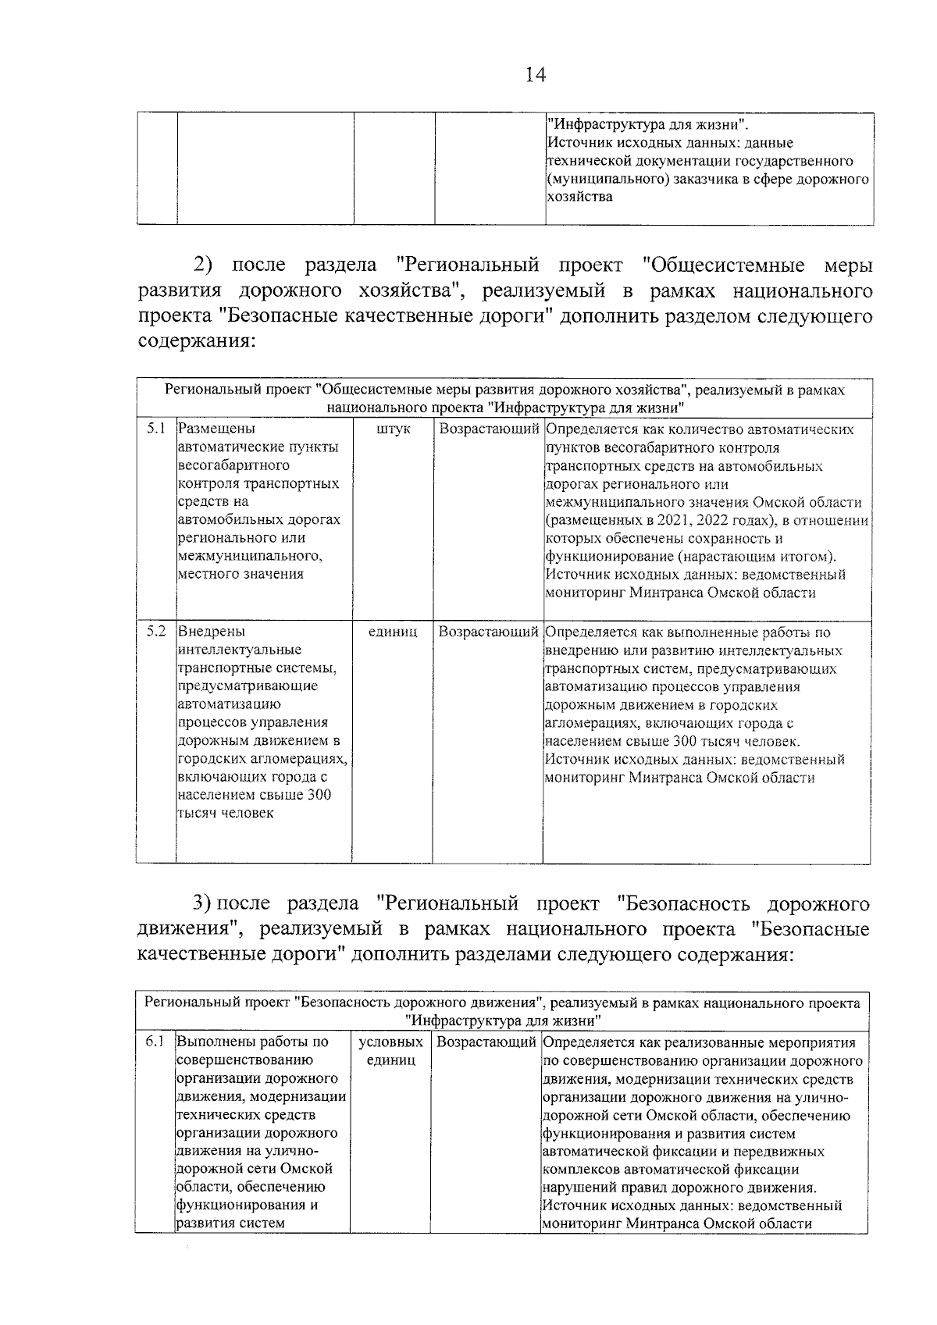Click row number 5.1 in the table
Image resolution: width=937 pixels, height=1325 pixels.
(x=156, y=429)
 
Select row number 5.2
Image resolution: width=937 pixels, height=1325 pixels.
(x=156, y=631)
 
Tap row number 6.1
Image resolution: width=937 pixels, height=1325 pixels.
(x=155, y=1042)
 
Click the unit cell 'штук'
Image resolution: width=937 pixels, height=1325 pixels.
(x=393, y=429)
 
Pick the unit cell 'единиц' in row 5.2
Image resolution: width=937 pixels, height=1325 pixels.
(x=392, y=632)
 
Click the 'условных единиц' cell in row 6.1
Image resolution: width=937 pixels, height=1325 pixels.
(x=390, y=1051)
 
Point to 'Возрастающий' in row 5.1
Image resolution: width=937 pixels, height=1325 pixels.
(x=489, y=429)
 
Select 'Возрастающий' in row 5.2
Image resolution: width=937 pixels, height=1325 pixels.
(x=489, y=632)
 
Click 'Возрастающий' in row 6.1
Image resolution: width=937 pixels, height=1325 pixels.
(x=486, y=1042)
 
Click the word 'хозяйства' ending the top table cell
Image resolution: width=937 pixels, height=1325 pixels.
(x=579, y=197)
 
